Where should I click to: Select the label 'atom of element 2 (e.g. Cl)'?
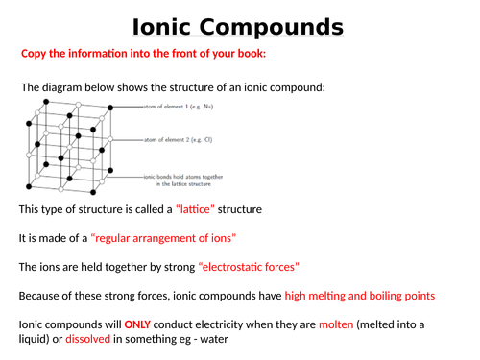point(177,140)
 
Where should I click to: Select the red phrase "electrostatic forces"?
point(249,266)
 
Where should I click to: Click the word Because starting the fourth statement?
point(45,296)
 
